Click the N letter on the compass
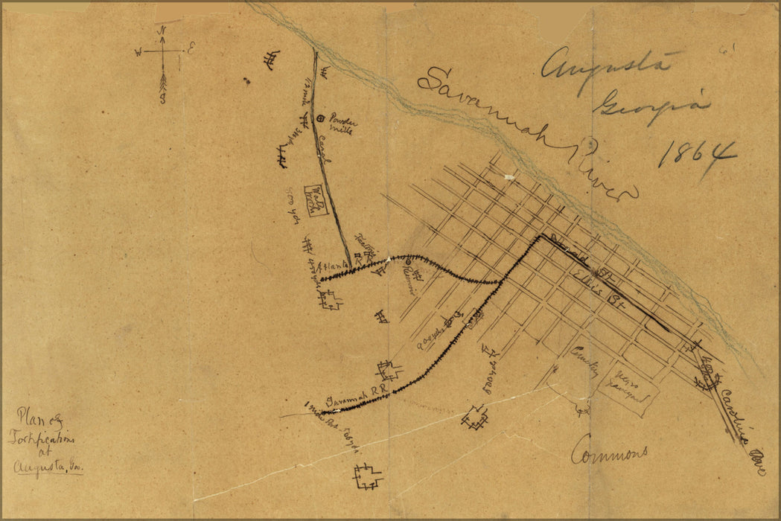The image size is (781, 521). pos(162,31)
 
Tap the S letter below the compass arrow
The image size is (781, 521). pos(162,100)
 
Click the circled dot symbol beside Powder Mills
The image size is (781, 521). pos(321,118)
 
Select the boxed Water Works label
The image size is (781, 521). pos(316,200)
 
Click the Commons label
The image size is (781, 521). pos(609,453)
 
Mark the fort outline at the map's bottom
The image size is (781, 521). pos(368,477)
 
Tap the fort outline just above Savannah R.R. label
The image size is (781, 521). pos(389,371)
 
